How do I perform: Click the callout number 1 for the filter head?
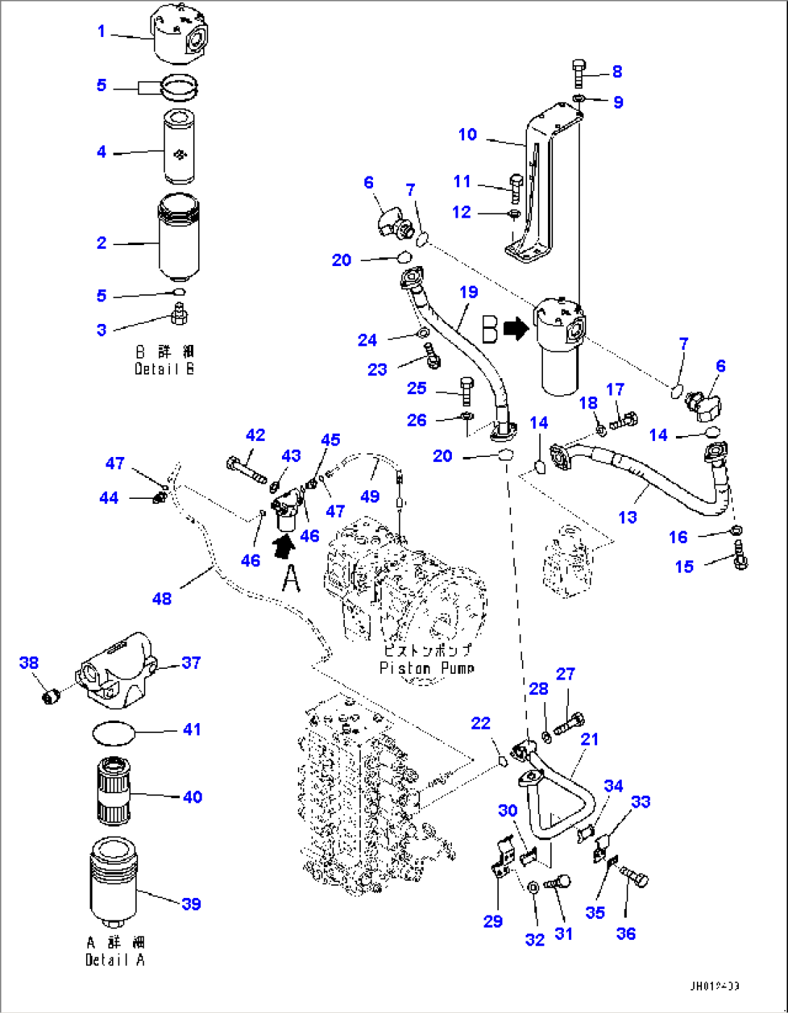coord(101,31)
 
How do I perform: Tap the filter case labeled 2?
coord(178,239)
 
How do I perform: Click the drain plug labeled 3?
coord(179,315)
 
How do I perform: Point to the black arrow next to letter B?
coord(515,330)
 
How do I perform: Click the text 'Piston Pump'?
coord(427,668)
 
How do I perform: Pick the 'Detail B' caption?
coord(164,369)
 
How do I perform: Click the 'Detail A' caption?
coord(115,959)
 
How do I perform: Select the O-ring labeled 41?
coord(114,733)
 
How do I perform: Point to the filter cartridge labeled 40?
coord(113,790)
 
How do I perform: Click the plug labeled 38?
coord(50,696)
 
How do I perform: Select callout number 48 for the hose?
coord(162,598)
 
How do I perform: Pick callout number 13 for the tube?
coord(628,517)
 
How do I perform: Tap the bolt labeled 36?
coord(637,880)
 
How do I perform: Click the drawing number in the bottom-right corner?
coord(714,986)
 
